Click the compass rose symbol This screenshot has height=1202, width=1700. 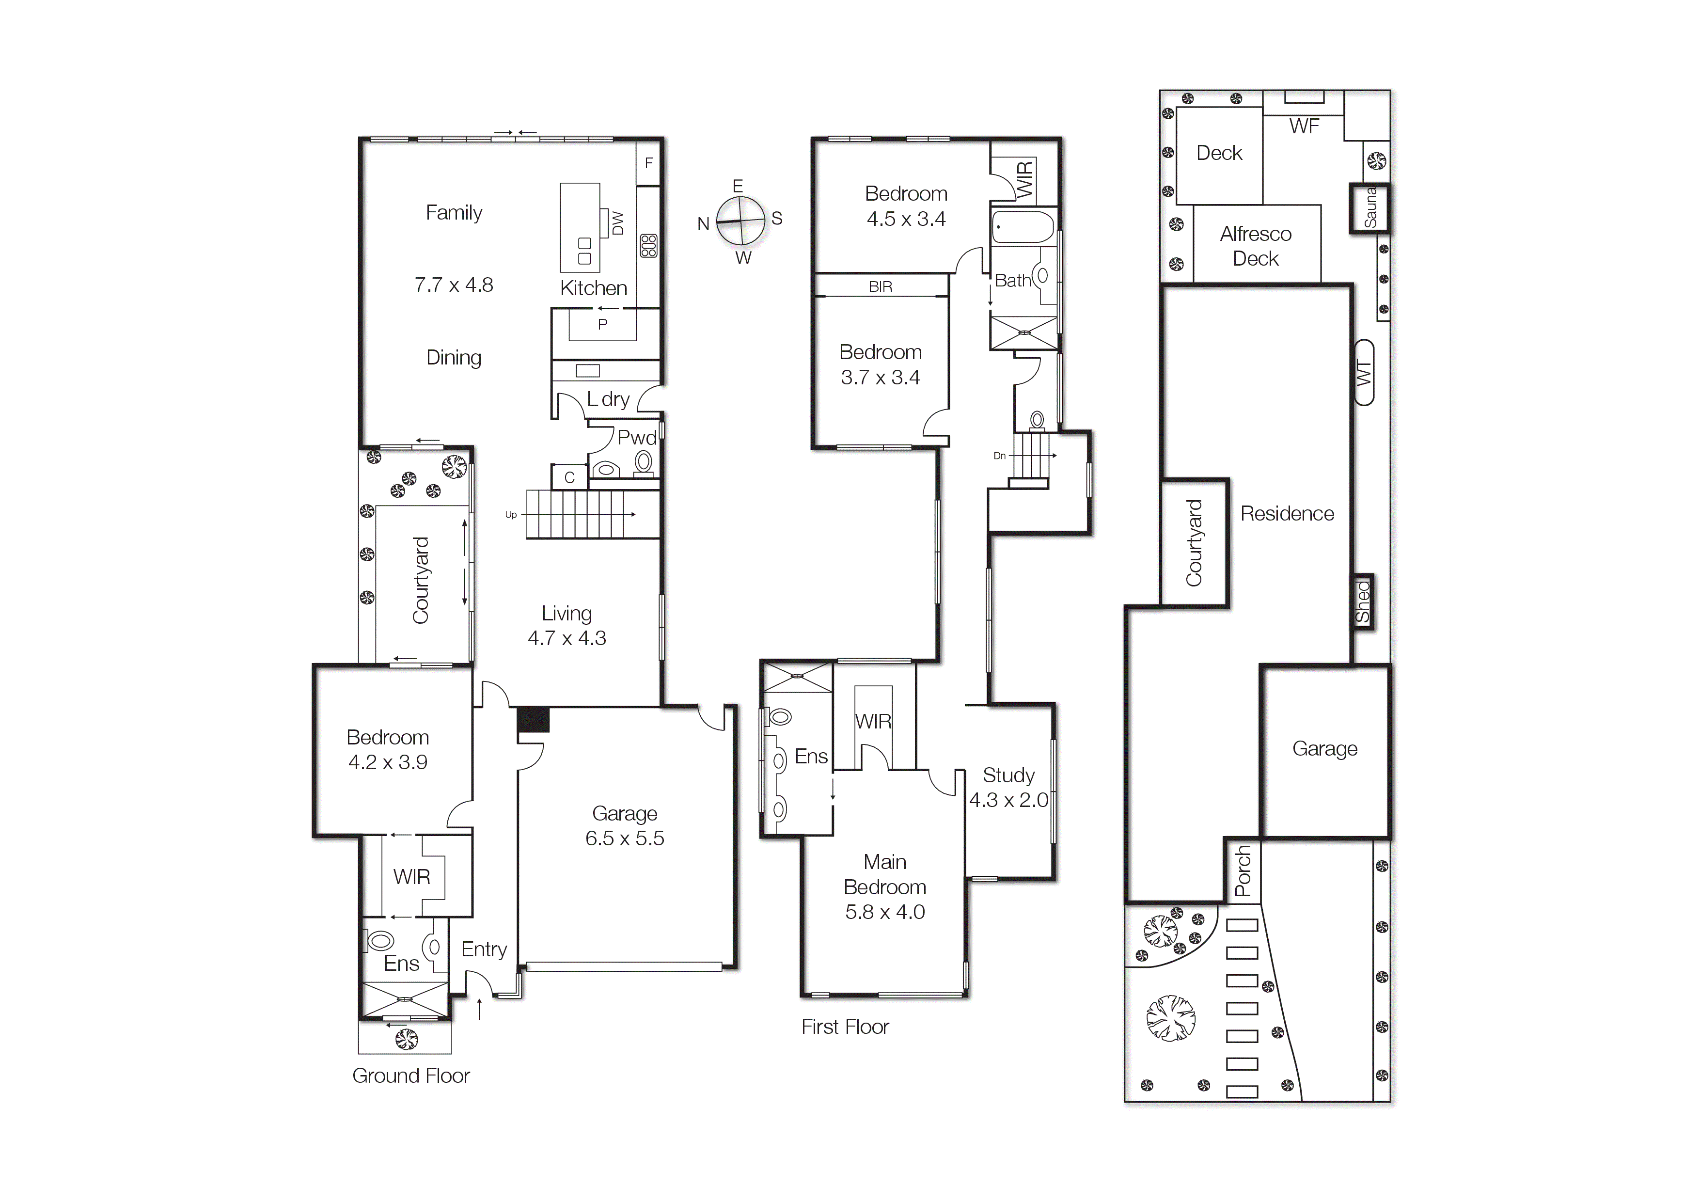coord(740,221)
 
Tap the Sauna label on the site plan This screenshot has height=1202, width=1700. coord(1370,208)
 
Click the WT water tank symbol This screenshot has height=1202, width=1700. coord(1364,373)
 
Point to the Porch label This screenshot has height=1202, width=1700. coord(1243,871)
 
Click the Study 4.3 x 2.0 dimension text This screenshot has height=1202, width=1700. coord(1008,800)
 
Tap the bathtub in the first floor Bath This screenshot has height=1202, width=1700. coord(1023,227)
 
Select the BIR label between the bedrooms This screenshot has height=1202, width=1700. coord(881,286)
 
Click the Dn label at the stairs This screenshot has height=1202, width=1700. coord(1000,456)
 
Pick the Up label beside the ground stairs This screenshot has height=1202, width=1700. coord(511,515)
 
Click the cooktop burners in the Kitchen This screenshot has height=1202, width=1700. coord(648,245)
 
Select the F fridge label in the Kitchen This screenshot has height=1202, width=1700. coord(648,163)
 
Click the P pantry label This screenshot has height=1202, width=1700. coord(603,324)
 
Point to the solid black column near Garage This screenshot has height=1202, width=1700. coord(533,720)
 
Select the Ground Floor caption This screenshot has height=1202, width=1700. coord(411,1075)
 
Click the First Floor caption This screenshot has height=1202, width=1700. coord(845,1027)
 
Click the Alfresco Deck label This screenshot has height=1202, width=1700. coord(1256,246)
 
